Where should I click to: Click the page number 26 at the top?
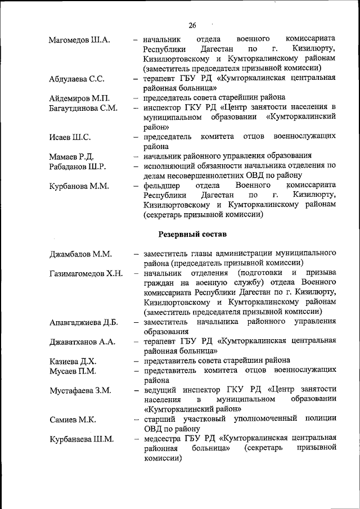tap(192, 25)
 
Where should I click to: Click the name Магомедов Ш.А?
tap(79, 40)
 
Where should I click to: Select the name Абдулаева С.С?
tap(76, 79)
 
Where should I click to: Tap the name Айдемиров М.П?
tap(79, 99)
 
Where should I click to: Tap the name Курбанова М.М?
tap(79, 186)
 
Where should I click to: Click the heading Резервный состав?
tap(192, 233)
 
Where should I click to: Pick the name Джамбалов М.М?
tap(80, 254)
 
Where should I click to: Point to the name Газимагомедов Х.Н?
tap(85, 274)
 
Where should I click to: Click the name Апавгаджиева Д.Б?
tap(83, 323)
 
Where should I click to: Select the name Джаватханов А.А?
tap(82, 342)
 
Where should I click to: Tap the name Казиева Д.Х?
tap(73, 361)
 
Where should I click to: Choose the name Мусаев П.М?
tap(73, 371)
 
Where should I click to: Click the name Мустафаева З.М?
tap(80, 390)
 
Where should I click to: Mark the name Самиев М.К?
tap(72, 420)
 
